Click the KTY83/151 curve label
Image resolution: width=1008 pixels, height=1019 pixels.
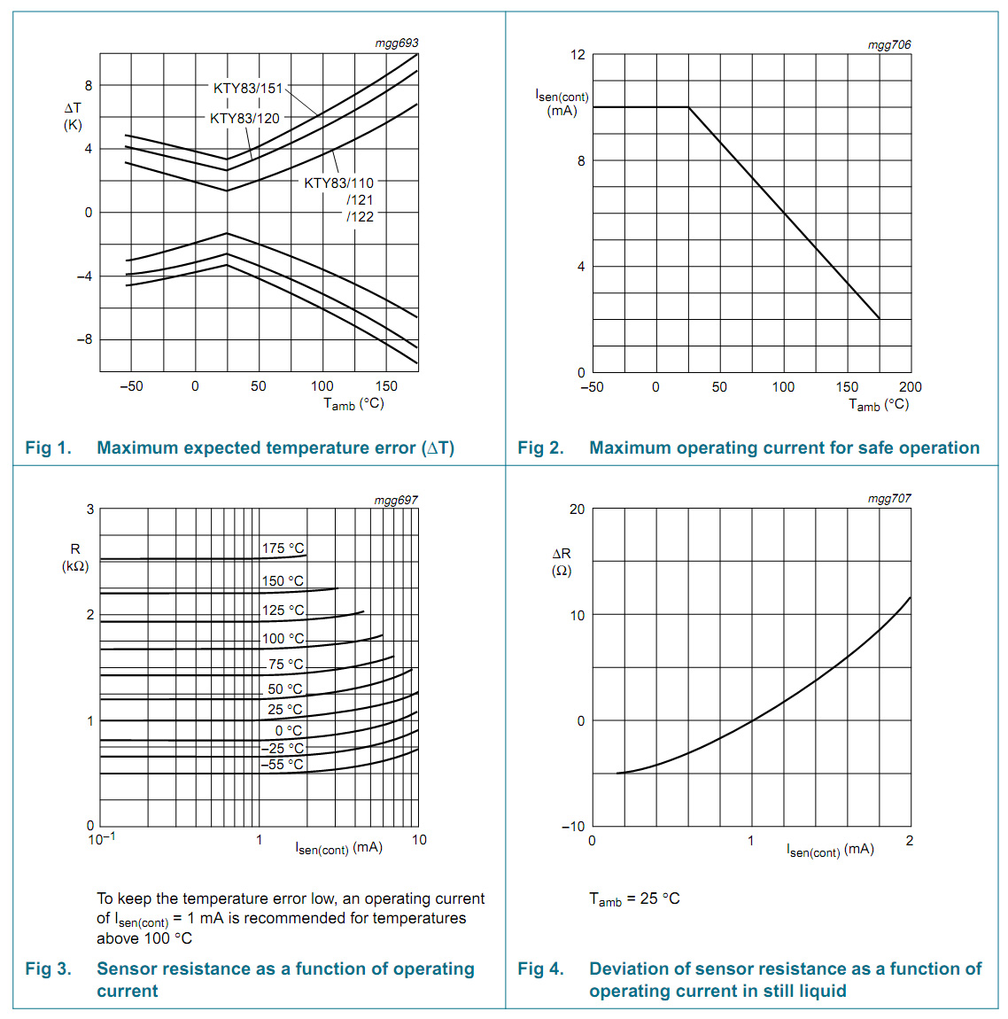[248, 88]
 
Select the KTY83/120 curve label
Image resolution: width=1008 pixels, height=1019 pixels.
[244, 118]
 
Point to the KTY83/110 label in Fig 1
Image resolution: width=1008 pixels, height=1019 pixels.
[338, 183]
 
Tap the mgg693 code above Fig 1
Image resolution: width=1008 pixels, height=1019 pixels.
[396, 43]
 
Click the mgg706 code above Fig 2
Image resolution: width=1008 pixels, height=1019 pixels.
[888, 44]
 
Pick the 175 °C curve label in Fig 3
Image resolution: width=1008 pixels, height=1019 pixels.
[283, 548]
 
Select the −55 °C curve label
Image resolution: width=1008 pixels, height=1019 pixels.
[282, 764]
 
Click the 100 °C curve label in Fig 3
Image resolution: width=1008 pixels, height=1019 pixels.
[283, 638]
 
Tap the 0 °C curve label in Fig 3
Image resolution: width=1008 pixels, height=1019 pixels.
[288, 730]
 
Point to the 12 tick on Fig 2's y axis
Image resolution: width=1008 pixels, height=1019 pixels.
[578, 55]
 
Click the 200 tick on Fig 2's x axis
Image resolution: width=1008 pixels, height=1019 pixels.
[910, 387]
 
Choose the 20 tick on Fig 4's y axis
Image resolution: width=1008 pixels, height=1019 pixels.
[578, 509]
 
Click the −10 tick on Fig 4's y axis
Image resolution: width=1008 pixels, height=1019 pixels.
[573, 826]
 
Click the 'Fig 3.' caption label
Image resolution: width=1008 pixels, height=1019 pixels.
[48, 968]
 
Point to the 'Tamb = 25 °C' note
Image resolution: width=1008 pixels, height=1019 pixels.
[634, 898]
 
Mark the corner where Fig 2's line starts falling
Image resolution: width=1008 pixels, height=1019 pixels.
[688, 107]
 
